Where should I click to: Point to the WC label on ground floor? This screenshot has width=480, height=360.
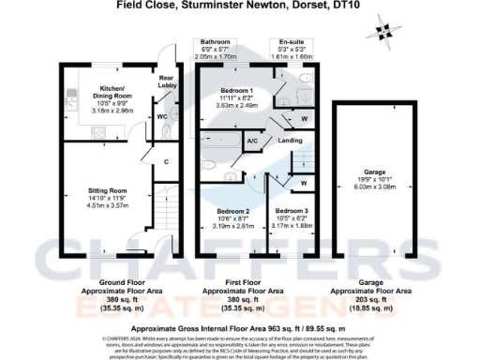(162, 117)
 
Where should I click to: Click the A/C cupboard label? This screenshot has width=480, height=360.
(251, 142)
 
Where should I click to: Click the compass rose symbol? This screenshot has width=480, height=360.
(381, 32)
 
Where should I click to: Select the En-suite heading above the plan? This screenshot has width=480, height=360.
(291, 42)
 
